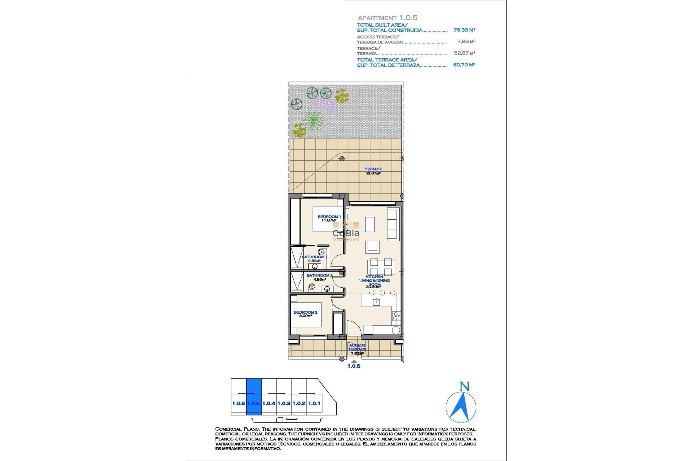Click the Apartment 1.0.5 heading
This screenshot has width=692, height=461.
pyautogui.click(x=387, y=18)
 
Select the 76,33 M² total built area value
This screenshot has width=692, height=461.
pyautogui.click(x=464, y=30)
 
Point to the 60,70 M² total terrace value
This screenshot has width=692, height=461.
pyautogui.click(x=464, y=65)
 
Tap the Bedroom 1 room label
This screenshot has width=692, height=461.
pyautogui.click(x=329, y=218)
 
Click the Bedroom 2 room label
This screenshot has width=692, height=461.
pyautogui.click(x=305, y=314)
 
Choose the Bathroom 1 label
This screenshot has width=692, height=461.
pyautogui.click(x=314, y=259)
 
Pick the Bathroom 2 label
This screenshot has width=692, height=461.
pyautogui.click(x=319, y=277)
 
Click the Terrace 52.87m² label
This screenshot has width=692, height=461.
pyautogui.click(x=373, y=171)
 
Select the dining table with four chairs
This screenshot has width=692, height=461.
pyautogui.click(x=381, y=267)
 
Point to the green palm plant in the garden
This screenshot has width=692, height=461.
pyautogui.click(x=313, y=119)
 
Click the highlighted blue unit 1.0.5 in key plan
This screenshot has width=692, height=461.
pyautogui.click(x=253, y=397)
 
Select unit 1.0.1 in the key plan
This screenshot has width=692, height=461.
pyautogui.click(x=314, y=403)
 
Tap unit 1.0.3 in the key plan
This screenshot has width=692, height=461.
pyautogui.click(x=284, y=403)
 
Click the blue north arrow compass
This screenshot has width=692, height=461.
pyautogui.click(x=461, y=407)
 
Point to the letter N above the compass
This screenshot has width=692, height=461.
pyautogui.click(x=465, y=386)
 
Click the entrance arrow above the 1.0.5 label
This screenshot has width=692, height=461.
pyautogui.click(x=354, y=361)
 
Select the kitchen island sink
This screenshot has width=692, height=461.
pyautogui.click(x=376, y=302)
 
